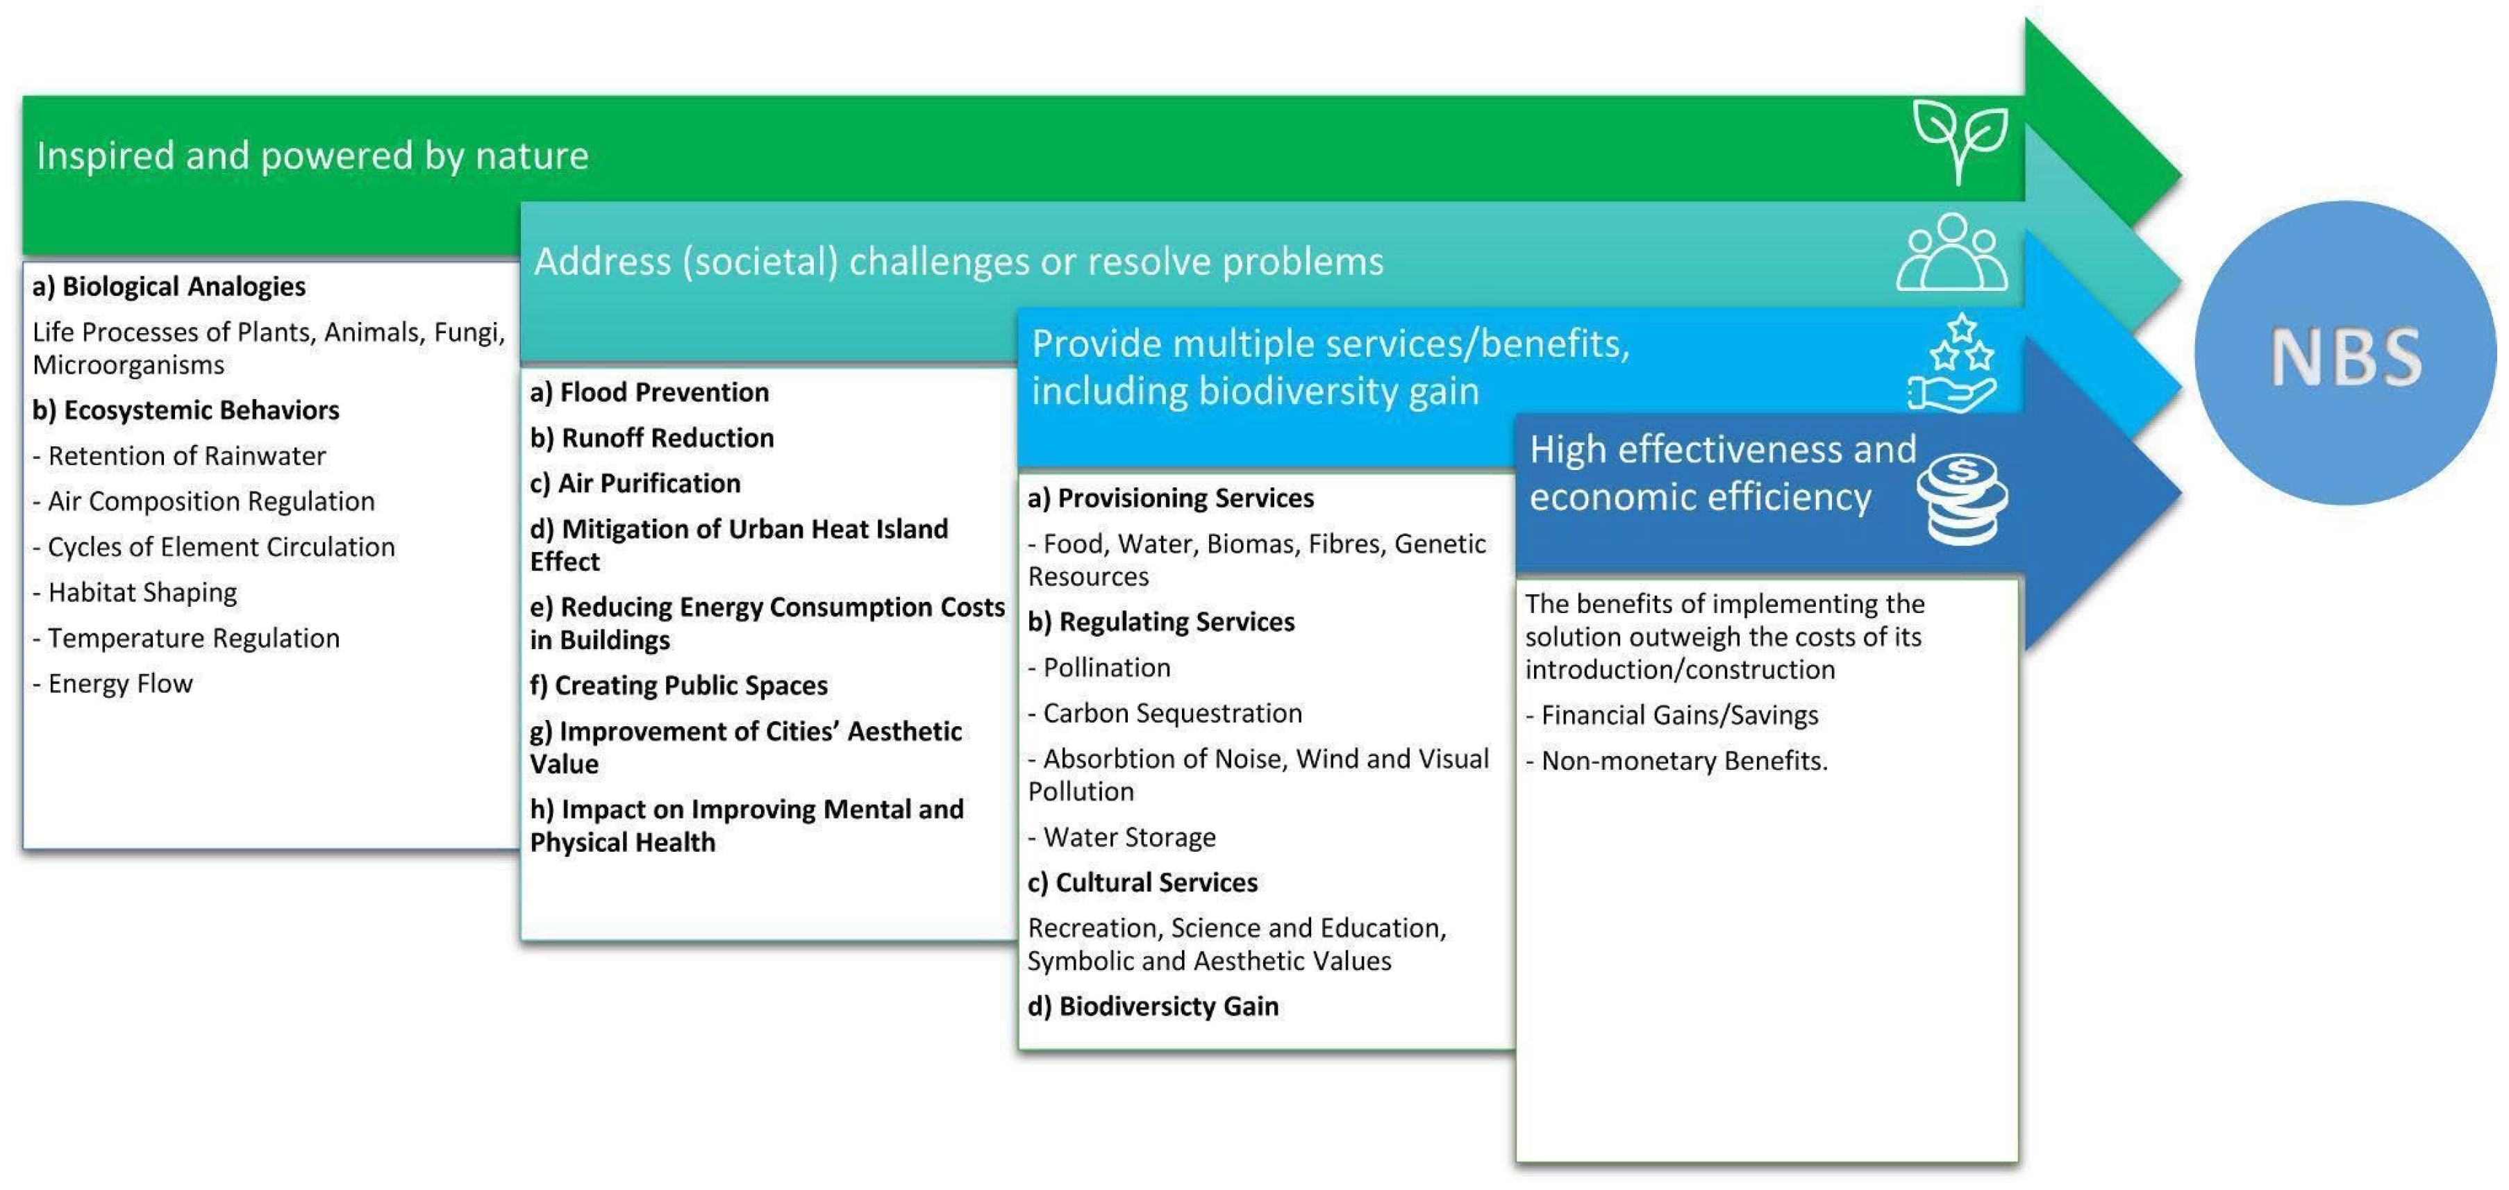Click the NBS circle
point(2345,353)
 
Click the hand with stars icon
point(1953,364)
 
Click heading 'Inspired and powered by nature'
point(312,156)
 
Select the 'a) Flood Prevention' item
point(650,392)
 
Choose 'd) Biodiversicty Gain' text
point(1153,1006)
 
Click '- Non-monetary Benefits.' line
point(1677,760)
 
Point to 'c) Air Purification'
point(635,483)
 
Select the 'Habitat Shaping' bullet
point(135,592)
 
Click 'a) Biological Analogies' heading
point(169,286)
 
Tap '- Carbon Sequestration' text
point(1165,713)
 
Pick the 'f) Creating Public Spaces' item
point(679,685)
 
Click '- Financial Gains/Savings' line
point(1672,715)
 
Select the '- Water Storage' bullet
point(1122,837)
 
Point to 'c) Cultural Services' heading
point(1142,882)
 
